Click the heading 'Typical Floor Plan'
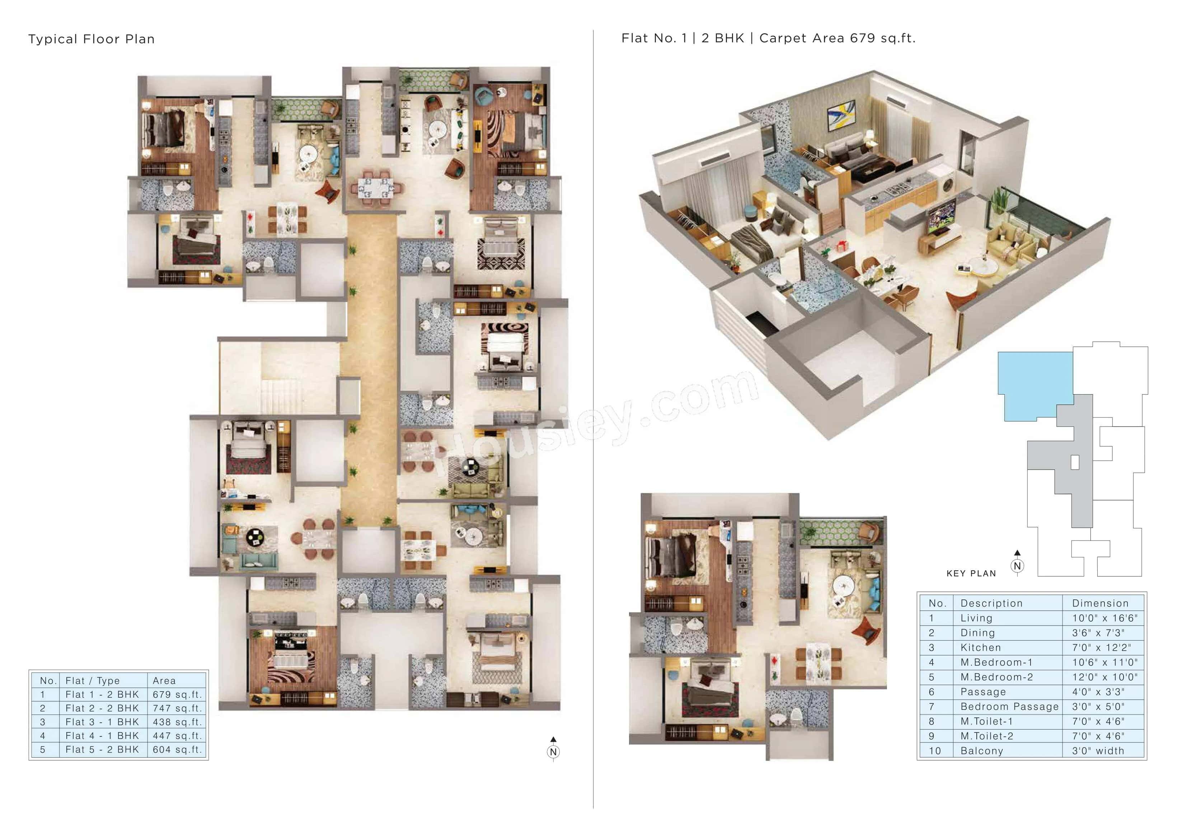(92, 39)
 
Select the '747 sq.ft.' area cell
(177, 708)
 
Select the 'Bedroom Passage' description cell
(1009, 707)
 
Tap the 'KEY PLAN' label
(971, 573)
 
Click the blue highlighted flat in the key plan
(1034, 382)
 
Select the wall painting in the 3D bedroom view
(841, 115)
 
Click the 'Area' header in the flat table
(164, 681)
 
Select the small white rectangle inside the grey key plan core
(1075, 462)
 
